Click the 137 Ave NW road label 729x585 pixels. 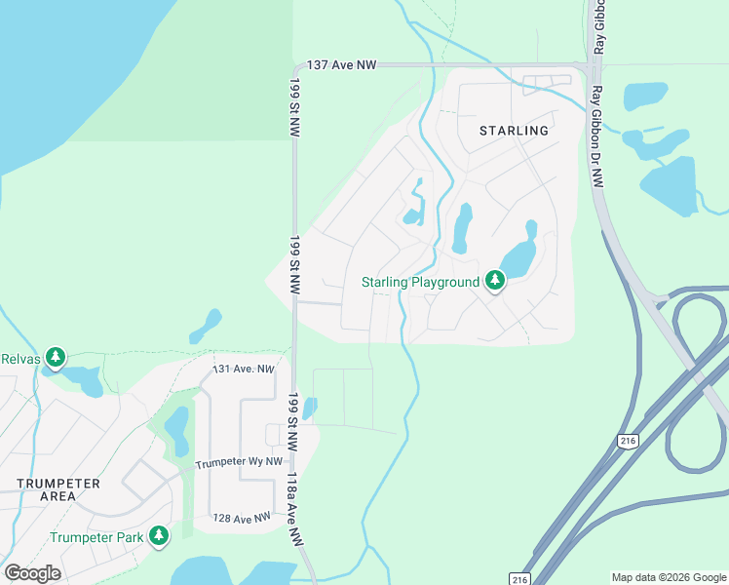click(341, 64)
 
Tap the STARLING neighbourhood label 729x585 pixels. click(514, 130)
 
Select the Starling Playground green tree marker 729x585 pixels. click(496, 282)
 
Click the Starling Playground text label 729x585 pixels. click(420, 283)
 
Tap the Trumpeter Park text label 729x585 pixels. click(96, 536)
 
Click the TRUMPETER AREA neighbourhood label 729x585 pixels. click(58, 489)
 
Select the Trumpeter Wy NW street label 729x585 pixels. click(239, 463)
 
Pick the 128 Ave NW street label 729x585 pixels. click(241, 519)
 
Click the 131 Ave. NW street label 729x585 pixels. click(244, 370)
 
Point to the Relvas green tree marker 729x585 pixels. click(57, 357)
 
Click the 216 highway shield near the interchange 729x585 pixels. click(627, 442)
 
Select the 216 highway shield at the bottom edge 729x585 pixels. click(519, 577)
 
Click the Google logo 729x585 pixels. click(32, 573)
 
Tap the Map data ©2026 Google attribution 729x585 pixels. click(668, 577)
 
